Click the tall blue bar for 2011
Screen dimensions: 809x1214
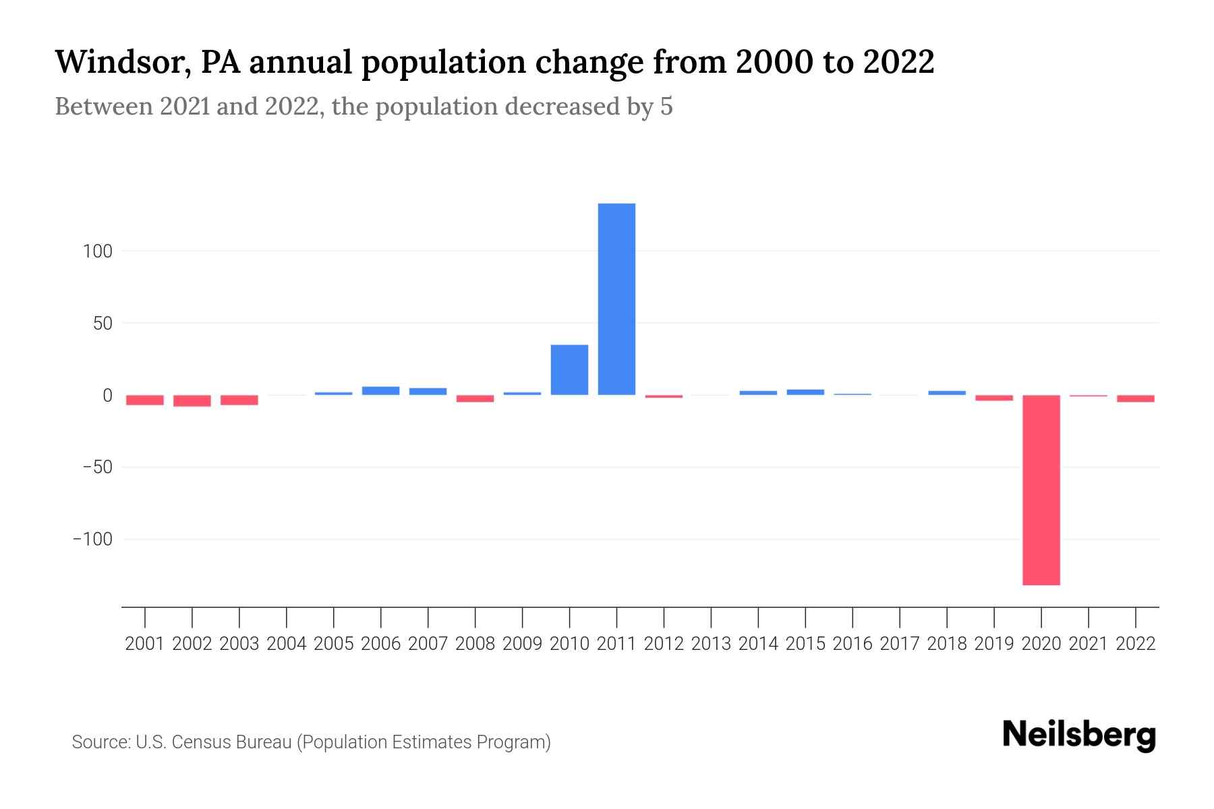click(616, 299)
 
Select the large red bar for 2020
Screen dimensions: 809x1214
click(1041, 490)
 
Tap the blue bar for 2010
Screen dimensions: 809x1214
click(569, 370)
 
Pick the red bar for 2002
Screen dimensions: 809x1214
click(192, 401)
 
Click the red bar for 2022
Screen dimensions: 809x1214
click(1135, 398)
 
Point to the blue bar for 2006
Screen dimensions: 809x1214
click(380, 391)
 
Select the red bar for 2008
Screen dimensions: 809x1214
click(475, 398)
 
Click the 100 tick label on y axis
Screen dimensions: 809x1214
click(97, 251)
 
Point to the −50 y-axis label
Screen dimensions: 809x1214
click(92, 467)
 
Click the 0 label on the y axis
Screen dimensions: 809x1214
click(107, 396)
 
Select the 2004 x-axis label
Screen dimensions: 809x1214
click(286, 644)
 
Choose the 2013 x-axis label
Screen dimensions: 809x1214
click(711, 644)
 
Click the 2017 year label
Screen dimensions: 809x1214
click(899, 644)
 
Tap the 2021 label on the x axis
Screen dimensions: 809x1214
click(1088, 644)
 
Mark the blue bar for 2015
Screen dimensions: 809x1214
click(805, 392)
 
